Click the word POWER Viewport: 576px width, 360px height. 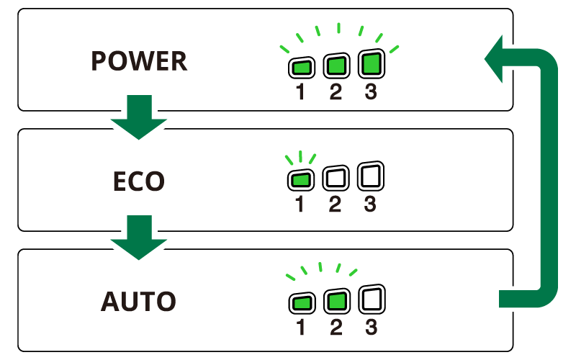139,62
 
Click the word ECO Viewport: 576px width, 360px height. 139,181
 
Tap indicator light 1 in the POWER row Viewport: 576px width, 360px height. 300,68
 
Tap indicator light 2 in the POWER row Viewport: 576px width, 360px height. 336,67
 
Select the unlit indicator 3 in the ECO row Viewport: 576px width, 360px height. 370,176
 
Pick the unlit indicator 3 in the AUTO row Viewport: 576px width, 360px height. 370,298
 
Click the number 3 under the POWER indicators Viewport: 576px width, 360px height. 370,92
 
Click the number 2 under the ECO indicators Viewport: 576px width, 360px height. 335,204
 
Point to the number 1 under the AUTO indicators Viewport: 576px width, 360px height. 300,328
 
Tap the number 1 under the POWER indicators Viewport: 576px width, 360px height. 300,92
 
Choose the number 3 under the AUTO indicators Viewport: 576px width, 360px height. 371,328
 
